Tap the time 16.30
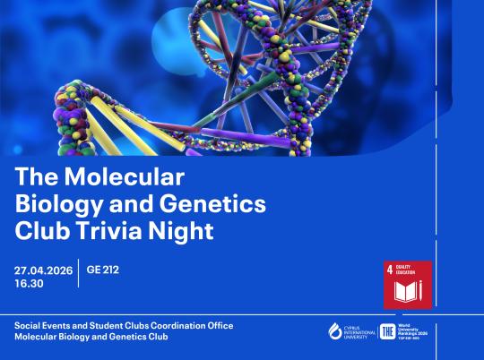tap(30, 283)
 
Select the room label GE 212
tap(103, 268)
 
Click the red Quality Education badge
tap(408, 285)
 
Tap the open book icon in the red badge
tap(404, 293)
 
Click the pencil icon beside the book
tap(423, 293)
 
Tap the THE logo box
tap(387, 331)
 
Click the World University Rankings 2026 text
tap(416, 331)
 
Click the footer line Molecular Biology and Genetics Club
tap(91, 338)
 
